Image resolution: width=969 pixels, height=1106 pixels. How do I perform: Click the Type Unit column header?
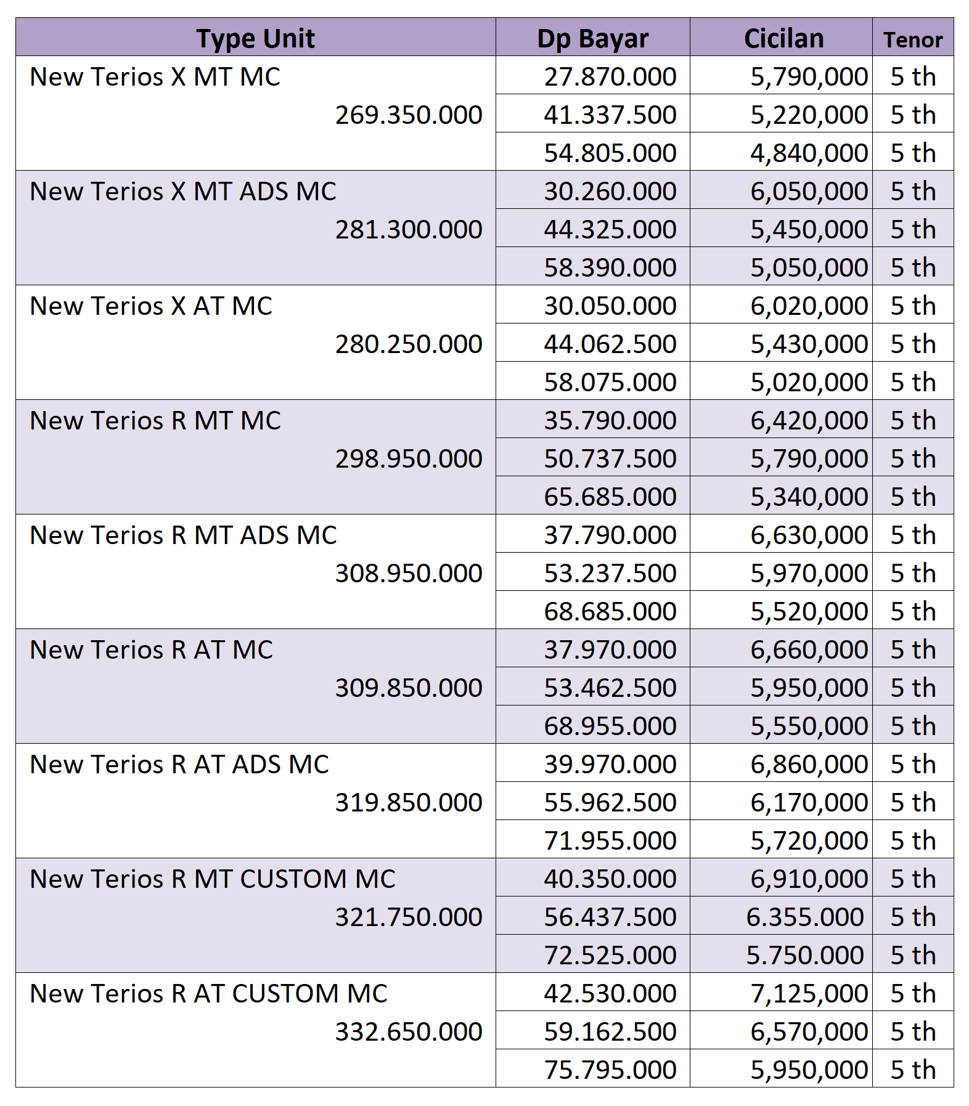coord(255,38)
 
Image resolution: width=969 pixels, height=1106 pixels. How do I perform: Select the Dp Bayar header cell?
coord(592,38)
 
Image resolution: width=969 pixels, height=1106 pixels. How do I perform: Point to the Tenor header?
coord(912,39)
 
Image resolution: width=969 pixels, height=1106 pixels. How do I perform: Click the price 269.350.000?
coord(408,115)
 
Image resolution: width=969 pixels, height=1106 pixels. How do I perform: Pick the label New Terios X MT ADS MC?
coord(183,191)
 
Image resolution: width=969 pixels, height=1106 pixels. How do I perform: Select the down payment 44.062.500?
coord(610,344)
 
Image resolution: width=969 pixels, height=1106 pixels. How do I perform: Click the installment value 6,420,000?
coord(809,420)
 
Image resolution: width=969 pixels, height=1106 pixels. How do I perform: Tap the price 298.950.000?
coord(408,458)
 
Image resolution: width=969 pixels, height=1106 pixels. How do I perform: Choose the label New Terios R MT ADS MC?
coord(183,535)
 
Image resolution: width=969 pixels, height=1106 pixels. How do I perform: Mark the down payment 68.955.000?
coord(610,726)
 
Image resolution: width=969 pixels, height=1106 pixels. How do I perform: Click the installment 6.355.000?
coord(804,917)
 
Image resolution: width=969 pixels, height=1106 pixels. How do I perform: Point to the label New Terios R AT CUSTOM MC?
coord(208,993)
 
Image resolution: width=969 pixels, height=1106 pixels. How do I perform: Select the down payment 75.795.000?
coord(610,1070)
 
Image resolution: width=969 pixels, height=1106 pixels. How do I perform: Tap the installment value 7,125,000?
coord(809,993)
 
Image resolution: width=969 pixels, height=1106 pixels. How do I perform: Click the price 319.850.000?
coord(408,802)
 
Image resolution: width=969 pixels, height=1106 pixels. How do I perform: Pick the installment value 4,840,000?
coord(809,153)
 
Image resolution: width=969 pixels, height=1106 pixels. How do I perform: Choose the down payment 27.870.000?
coord(610,76)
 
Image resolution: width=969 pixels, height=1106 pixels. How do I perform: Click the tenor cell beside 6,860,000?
coord(912,764)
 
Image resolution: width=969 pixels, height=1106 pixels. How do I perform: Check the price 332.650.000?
coord(408,1031)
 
